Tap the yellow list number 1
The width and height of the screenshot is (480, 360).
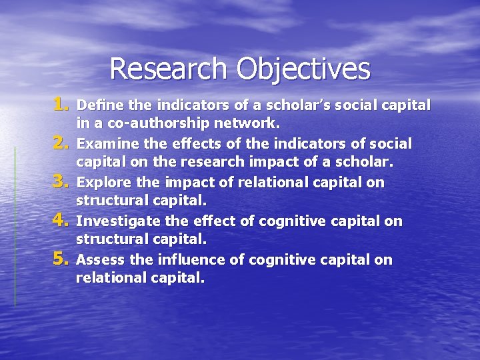coord(62,104)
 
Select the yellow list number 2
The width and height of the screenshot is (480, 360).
coord(62,143)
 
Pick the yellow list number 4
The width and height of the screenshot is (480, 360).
coord(62,221)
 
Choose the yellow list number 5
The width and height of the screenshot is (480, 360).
coord(62,259)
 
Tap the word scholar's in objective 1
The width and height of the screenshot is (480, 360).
coord(285,105)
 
